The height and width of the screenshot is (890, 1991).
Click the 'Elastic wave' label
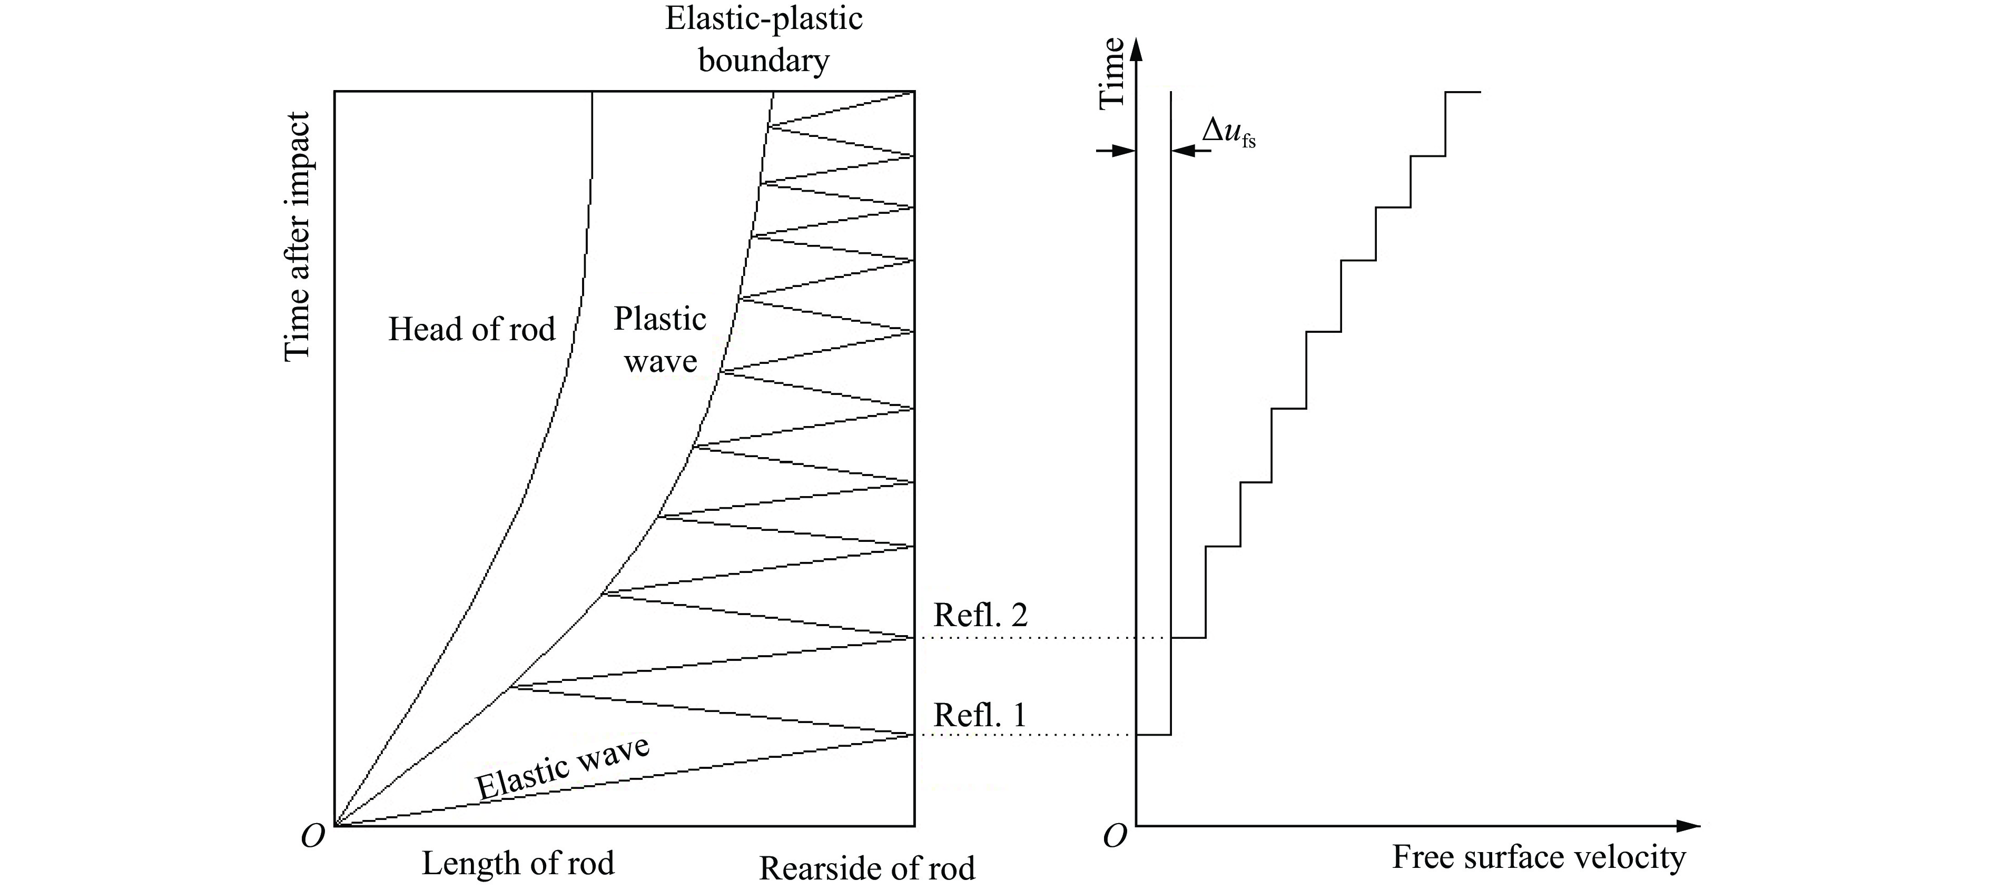tap(563, 769)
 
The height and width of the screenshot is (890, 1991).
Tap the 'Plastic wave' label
tap(660, 340)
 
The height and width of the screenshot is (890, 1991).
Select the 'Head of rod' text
tap(471, 329)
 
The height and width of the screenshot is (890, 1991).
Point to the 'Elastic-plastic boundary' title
tap(764, 38)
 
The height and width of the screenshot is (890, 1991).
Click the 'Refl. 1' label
tap(980, 715)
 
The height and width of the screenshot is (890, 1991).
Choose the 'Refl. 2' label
tap(980, 615)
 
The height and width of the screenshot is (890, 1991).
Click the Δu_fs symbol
tap(1228, 132)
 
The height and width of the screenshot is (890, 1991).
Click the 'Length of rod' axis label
tap(518, 863)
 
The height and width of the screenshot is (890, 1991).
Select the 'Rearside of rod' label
tap(866, 868)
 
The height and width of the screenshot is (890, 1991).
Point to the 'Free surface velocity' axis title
tap(1538, 857)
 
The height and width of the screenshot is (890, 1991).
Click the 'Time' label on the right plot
tap(1111, 73)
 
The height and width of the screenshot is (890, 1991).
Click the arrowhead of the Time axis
tap(1136, 48)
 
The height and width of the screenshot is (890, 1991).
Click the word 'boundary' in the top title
tap(764, 60)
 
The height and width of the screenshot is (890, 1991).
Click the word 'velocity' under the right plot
tap(1631, 857)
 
